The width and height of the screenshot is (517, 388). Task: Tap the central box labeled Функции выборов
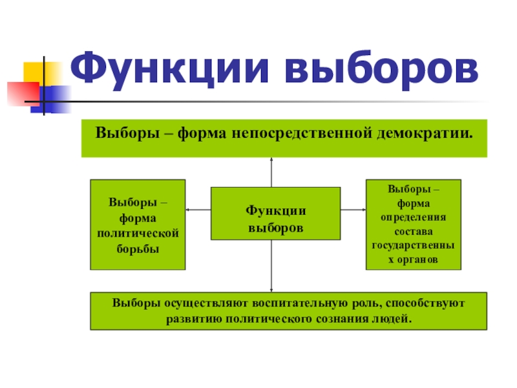click(276, 213)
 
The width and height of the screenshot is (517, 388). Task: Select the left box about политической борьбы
click(138, 224)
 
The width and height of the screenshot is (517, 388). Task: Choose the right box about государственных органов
click(414, 224)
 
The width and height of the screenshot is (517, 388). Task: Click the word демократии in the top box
click(424, 133)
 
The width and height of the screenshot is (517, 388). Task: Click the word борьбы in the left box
click(138, 248)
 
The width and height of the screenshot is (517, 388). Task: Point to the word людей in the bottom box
click(396, 319)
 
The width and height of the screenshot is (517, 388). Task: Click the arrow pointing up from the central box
click(272, 171)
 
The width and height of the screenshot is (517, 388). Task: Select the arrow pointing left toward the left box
click(198, 210)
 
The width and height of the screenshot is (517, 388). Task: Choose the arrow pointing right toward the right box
click(353, 210)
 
